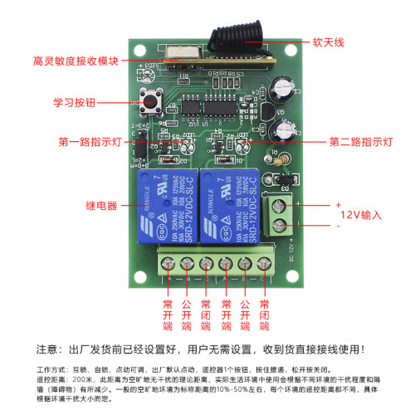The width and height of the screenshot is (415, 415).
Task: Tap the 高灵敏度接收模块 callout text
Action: pos(76,61)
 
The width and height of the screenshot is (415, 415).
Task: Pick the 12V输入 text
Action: pos(360,216)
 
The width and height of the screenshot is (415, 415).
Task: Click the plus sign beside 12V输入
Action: pos(338,205)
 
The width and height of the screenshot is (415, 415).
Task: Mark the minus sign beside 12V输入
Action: pos(338,226)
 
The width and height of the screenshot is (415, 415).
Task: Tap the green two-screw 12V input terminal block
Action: pos(278,213)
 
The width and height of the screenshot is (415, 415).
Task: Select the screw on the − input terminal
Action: pos(279,225)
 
